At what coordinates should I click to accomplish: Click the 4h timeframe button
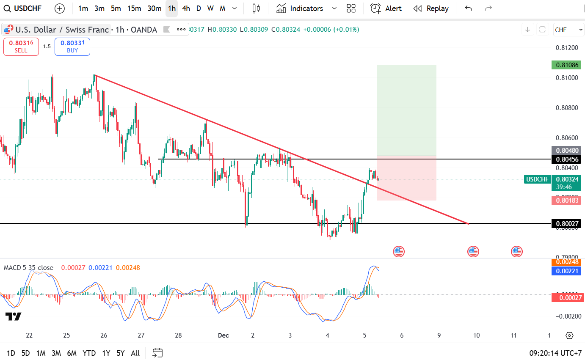click(x=186, y=8)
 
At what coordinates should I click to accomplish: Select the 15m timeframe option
click(x=134, y=8)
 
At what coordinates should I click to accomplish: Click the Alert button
click(x=386, y=8)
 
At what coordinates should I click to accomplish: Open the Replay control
click(x=431, y=8)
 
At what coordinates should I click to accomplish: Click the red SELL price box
click(x=21, y=47)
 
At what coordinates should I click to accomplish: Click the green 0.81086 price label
click(x=566, y=65)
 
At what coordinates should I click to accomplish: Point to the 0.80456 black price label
click(x=566, y=159)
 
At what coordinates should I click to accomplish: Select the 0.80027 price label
click(x=566, y=223)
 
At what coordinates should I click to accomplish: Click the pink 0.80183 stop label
click(x=566, y=201)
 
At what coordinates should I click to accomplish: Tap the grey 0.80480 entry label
click(x=566, y=150)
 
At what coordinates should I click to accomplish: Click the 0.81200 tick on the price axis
click(x=566, y=48)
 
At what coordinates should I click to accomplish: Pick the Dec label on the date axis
click(x=223, y=335)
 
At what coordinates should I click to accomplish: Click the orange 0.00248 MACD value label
click(x=566, y=262)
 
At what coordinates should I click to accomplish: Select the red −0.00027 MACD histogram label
click(x=566, y=297)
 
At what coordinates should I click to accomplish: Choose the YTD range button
click(x=89, y=353)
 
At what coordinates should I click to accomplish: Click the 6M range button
click(x=72, y=353)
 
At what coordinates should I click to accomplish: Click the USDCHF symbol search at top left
click(x=23, y=8)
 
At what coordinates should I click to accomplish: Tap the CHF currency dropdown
click(x=568, y=30)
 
